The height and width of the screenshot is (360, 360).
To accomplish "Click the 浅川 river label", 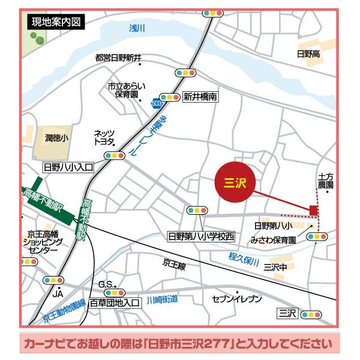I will pos(137,28).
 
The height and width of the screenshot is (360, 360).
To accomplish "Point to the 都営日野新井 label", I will pos(118,58).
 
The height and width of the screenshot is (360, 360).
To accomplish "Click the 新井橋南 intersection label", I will pos(200,97).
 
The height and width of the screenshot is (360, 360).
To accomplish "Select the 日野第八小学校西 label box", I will pos(200,236).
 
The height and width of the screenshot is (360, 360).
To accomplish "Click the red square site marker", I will pos(313,209).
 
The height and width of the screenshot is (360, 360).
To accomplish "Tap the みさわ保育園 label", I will pos(274,239).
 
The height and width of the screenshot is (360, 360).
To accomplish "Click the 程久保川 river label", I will pos(244,259).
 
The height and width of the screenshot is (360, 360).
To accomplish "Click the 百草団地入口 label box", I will pos(115,303).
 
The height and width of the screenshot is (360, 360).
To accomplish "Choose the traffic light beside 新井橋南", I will pos(170,97).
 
